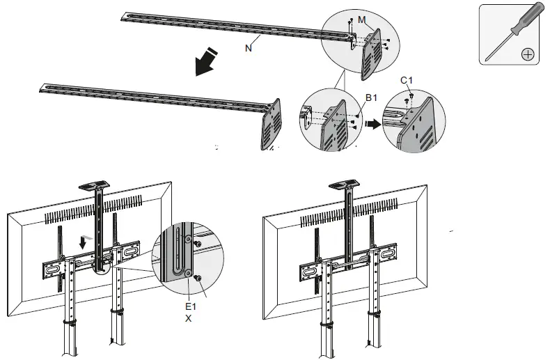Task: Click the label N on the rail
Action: click(249, 49)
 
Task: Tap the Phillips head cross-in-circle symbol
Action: click(528, 53)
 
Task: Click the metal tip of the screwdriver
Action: click(500, 49)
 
